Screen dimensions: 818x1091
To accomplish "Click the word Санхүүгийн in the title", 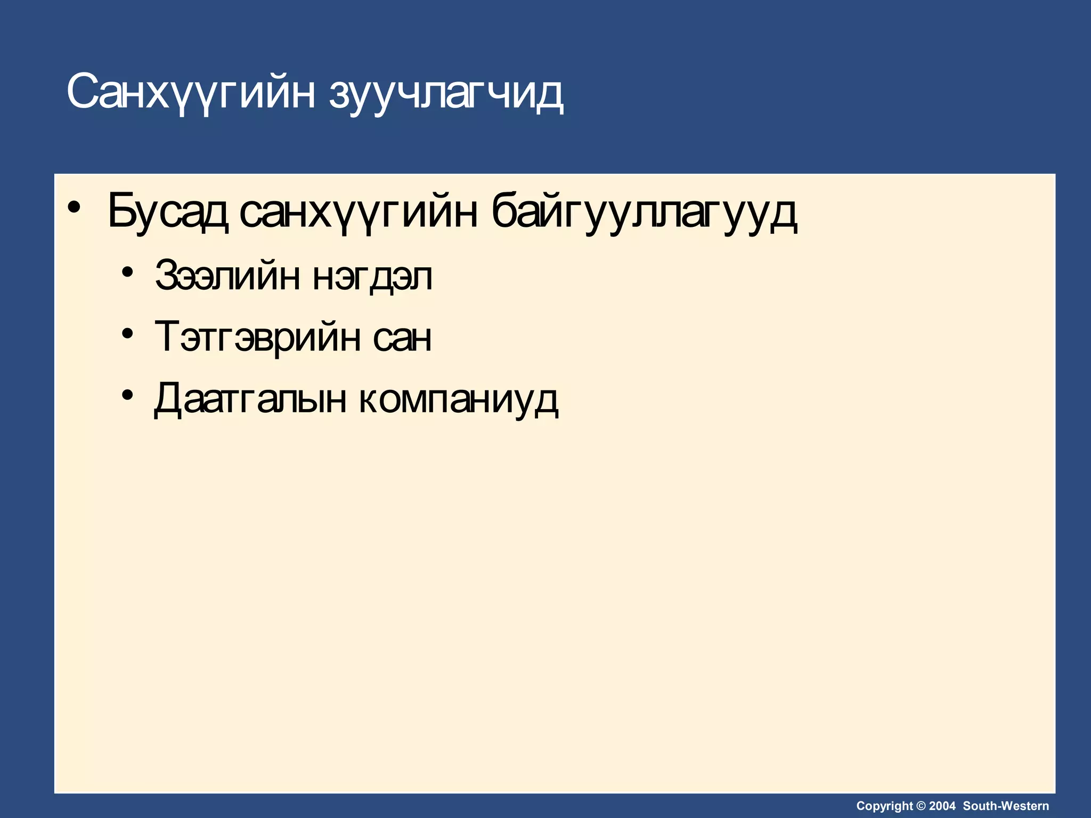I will coord(191,92).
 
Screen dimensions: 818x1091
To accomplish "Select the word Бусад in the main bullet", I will coord(168,211).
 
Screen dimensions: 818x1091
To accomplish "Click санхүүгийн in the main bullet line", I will coord(358,211).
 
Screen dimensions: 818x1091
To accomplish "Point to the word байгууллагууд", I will coord(644,211).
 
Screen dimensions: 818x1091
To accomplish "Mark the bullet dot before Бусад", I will coord(76,207).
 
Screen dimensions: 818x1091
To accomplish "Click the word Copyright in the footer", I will coord(884,806).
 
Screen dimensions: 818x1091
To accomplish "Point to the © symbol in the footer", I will coord(920,806).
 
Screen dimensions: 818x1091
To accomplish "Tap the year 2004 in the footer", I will coord(942,806).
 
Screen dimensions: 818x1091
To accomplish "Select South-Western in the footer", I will coord(1006,806).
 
